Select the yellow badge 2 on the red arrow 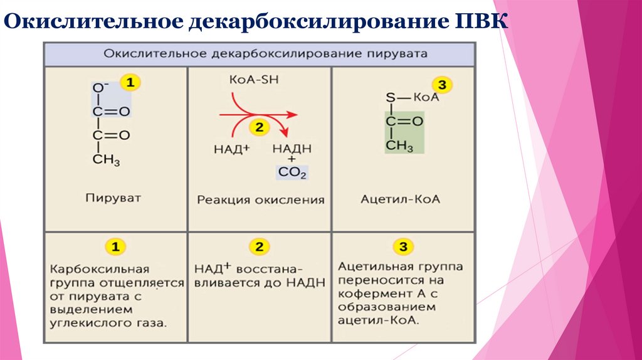pyautogui.click(x=258, y=127)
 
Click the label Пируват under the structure pyautogui.click(x=113, y=198)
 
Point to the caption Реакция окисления pyautogui.click(x=260, y=200)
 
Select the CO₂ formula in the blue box pyautogui.click(x=292, y=173)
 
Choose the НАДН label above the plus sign pyautogui.click(x=292, y=149)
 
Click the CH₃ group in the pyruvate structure pyautogui.click(x=106, y=160)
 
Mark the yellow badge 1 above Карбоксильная pyautogui.click(x=114, y=246)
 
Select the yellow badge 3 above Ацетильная pyautogui.click(x=401, y=245)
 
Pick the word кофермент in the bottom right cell pyautogui.click(x=366, y=294)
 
